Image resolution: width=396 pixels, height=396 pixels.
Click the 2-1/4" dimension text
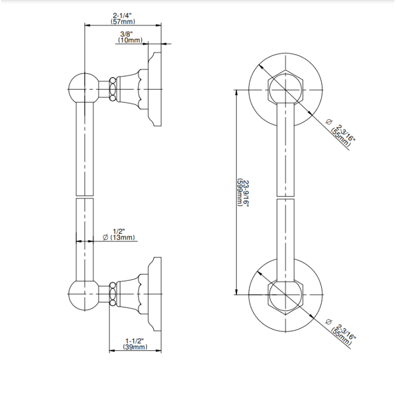122,16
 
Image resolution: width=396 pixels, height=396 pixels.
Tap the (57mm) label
123,21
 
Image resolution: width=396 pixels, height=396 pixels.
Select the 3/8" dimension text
127,34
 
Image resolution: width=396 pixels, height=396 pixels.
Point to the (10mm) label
130,40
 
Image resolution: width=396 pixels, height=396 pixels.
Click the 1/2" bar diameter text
119,232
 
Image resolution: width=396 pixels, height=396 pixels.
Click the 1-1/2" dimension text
135,341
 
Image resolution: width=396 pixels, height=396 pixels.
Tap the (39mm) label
135,347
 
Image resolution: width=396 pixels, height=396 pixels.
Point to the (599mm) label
240,193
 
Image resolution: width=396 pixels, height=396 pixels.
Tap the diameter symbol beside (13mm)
106,238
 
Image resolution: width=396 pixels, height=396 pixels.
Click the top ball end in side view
85,89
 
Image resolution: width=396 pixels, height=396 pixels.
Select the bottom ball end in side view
85,294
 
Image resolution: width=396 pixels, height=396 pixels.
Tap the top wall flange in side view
155,89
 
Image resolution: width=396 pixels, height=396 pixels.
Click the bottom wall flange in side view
155,294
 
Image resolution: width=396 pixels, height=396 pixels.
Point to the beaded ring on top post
113,90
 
